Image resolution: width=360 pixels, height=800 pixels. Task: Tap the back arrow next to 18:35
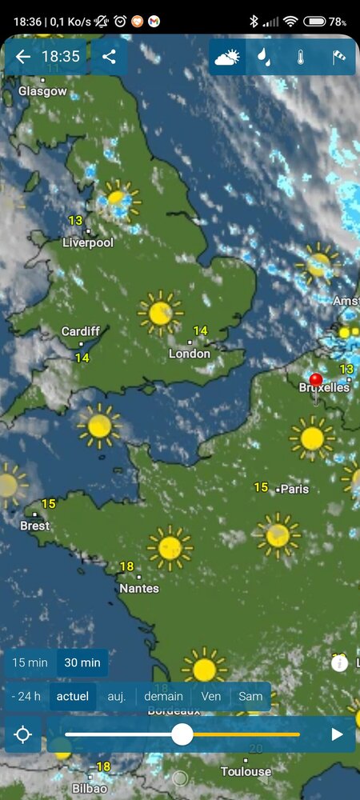coord(23,57)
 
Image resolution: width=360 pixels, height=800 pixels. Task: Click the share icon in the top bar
coord(110,57)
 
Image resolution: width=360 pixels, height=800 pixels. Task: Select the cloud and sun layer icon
coord(227,58)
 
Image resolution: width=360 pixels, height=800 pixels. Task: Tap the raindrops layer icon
coord(263,58)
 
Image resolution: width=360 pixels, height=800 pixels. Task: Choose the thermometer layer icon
coord(301,58)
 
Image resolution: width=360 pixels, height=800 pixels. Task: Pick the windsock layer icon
coord(338,58)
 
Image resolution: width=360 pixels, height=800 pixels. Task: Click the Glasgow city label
coord(42,91)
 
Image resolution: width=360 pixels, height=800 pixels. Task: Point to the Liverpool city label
coord(88,242)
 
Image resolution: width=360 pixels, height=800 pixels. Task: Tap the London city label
coord(190,354)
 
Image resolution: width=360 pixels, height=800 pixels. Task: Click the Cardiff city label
coord(81,331)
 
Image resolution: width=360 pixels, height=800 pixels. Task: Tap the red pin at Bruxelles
coord(316,381)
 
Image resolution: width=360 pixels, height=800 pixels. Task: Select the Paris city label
coord(294,489)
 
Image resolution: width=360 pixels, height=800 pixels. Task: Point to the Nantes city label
coord(139,588)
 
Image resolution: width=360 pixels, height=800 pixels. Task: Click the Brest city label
coord(34,526)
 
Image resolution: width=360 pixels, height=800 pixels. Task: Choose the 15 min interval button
coord(30,662)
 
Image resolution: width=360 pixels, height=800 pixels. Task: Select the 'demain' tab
coord(164,696)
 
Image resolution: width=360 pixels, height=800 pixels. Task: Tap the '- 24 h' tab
coord(26,696)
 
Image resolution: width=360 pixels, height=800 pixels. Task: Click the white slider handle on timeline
coord(182,734)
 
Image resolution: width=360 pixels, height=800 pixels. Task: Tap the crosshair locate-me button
coord(23,734)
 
